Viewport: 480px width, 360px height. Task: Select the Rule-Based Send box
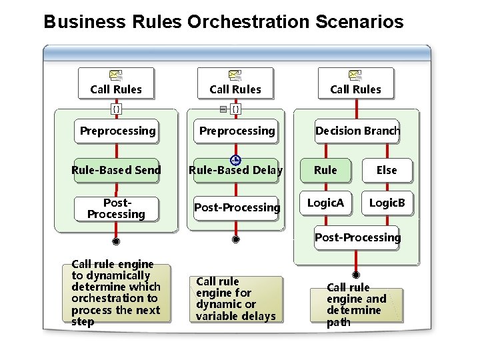point(117,170)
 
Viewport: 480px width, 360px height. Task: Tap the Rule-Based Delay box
point(236,171)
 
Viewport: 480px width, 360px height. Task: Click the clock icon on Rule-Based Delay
point(235,160)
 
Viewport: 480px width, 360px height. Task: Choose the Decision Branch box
point(357,131)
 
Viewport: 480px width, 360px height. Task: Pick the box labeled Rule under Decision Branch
point(325,170)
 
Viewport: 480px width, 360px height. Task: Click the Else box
point(387,170)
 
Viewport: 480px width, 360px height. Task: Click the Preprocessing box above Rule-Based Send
point(117,131)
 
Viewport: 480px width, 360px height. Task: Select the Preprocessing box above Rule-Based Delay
point(237,131)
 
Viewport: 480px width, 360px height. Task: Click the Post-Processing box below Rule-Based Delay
point(237,207)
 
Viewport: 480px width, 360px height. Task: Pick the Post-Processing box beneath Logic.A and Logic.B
point(357,237)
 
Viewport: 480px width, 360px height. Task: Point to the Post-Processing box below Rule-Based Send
point(116,209)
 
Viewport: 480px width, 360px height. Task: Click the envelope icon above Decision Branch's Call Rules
point(356,76)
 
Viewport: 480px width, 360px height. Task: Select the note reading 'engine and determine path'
point(356,305)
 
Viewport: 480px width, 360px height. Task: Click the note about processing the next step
point(116,293)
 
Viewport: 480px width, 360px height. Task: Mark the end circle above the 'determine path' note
point(356,275)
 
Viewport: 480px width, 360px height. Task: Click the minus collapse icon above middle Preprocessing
point(223,108)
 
